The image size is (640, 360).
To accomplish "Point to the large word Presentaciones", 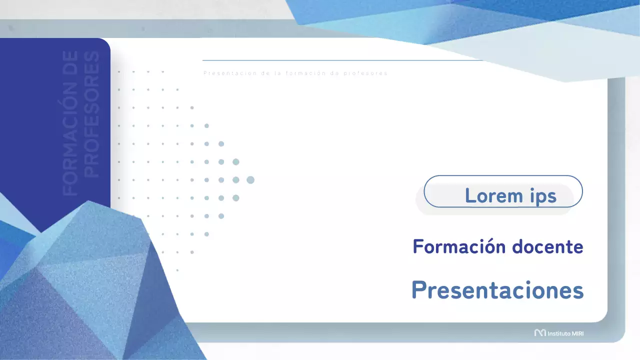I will (497, 289).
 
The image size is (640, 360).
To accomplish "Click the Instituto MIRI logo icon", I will (539, 332).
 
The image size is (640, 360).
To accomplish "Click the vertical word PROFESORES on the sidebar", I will (91, 114).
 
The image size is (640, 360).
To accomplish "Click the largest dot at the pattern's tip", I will (250, 180).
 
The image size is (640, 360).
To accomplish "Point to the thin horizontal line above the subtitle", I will (340, 60).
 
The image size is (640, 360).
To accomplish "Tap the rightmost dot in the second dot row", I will (177, 90).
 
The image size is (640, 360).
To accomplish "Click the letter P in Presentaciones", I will (418, 289).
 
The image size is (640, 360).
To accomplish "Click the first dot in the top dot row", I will (119, 72).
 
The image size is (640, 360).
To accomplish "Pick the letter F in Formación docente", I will (417, 246).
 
